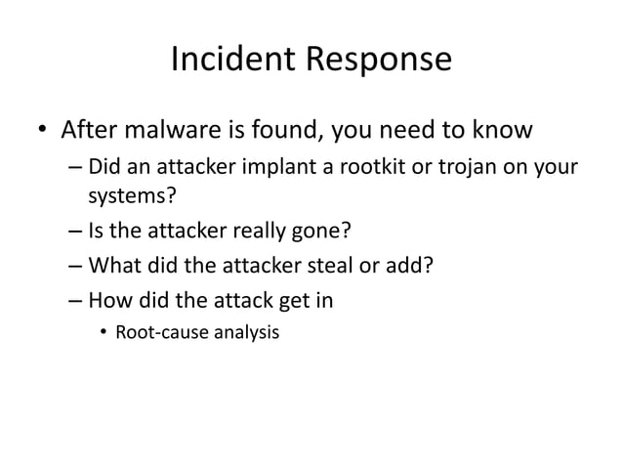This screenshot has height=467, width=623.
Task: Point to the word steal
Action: pyautogui.click(x=332, y=266)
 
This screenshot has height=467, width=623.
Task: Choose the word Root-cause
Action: pyautogui.click(x=161, y=333)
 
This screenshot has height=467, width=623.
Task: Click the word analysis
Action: pyautogui.click(x=244, y=333)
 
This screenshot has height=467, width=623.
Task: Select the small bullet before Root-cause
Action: pyautogui.click(x=103, y=333)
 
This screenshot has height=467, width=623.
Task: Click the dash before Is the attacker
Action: pyautogui.click(x=75, y=232)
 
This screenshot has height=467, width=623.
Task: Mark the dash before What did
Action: pyautogui.click(x=75, y=266)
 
